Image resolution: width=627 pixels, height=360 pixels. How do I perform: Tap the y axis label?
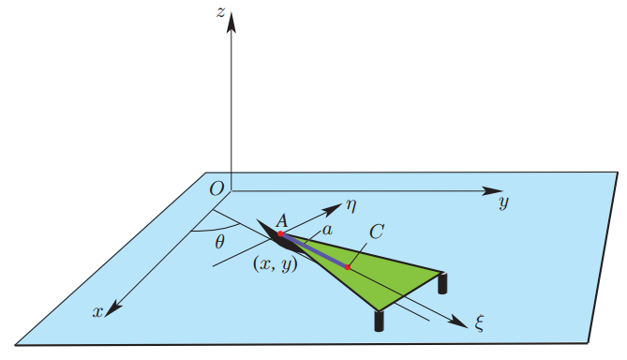pos(503,203)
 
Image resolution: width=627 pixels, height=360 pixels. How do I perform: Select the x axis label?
pos(96,312)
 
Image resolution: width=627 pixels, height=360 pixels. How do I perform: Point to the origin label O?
pos(216,189)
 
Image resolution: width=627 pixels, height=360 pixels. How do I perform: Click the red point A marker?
pos(279,233)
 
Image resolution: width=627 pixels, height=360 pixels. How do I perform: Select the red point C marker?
pos(347,267)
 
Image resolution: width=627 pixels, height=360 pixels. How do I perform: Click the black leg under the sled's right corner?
pos(443,282)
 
